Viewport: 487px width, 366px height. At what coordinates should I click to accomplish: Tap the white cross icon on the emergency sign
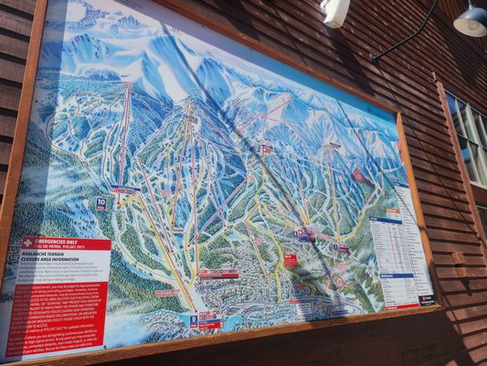(x=28, y=243)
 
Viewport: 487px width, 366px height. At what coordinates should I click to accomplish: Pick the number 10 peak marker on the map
(x=101, y=204)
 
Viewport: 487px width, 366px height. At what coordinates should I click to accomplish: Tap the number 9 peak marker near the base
(x=193, y=321)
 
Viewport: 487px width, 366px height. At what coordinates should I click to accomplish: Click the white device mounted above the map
(x=335, y=12)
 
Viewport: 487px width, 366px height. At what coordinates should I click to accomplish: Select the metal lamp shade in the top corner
(x=471, y=20)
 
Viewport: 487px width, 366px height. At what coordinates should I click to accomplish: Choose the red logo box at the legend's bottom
(x=426, y=299)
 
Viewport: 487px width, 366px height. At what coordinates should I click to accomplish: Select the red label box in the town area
(x=291, y=260)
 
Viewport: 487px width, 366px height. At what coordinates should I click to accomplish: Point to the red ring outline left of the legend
(x=341, y=280)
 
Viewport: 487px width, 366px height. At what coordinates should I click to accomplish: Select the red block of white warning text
(x=56, y=317)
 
